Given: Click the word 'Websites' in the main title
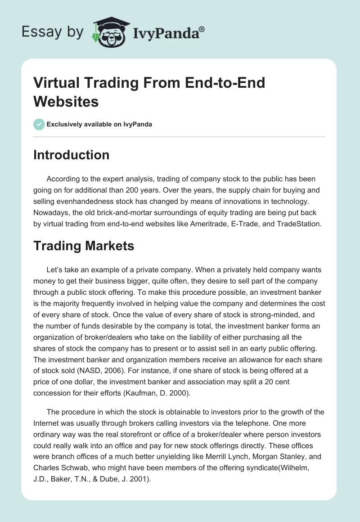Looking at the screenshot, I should (66, 101).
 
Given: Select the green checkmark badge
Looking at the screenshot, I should (39, 124).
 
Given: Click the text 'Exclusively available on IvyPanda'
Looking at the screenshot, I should (99, 124).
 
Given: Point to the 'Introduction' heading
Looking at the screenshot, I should (72, 155).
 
